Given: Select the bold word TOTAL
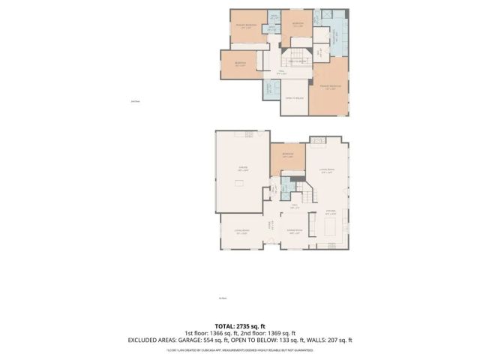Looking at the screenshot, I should pyautogui.click(x=224, y=325).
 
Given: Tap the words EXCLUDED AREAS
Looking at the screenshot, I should pyautogui.click(x=153, y=340).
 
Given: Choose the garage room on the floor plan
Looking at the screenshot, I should pyautogui.click(x=242, y=172).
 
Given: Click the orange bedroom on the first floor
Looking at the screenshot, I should pyautogui.click(x=287, y=157).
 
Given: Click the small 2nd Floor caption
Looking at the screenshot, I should pyautogui.click(x=136, y=101).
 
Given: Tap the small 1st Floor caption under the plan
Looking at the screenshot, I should pyautogui.click(x=223, y=299).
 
